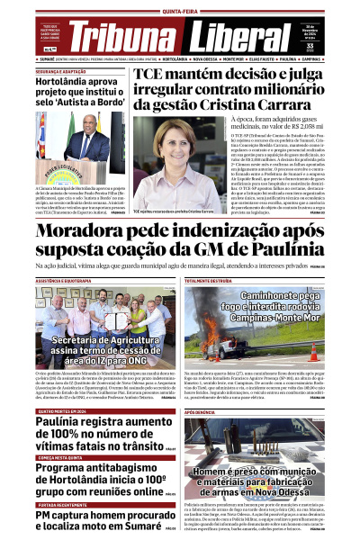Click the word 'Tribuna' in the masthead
[124, 38]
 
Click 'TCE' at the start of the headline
[153, 78]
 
